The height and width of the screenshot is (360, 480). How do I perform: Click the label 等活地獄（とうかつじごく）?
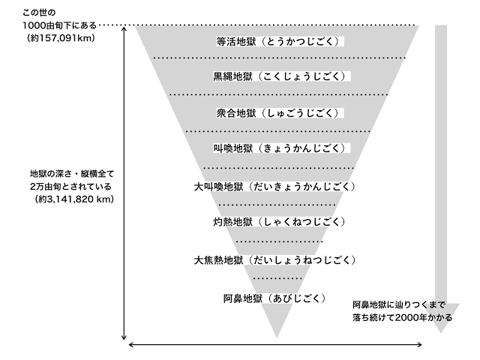click(x=278, y=41)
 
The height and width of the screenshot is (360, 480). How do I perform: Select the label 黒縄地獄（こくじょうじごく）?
click(x=279, y=76)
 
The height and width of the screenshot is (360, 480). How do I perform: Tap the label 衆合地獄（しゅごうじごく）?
click(x=278, y=113)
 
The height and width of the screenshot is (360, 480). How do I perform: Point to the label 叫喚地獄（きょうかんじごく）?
click(x=279, y=148)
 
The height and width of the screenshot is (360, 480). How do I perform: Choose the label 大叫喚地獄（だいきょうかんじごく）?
click(x=274, y=187)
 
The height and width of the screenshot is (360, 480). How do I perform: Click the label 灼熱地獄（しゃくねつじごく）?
click(x=279, y=222)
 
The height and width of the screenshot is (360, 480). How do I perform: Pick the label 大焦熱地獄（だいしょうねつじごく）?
click(x=274, y=260)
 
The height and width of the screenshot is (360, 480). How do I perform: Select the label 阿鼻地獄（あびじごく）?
click(x=274, y=298)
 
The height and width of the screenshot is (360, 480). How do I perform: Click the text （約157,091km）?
click(x=61, y=38)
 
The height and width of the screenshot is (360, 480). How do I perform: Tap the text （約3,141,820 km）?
click(x=74, y=199)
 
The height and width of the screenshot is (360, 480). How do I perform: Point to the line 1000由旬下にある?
click(x=60, y=25)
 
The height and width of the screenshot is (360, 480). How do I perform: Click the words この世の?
click(x=39, y=13)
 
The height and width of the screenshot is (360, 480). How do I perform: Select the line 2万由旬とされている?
click(x=70, y=187)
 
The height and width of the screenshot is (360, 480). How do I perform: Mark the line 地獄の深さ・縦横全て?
click(x=72, y=174)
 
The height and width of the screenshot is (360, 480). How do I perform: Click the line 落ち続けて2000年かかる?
click(x=402, y=317)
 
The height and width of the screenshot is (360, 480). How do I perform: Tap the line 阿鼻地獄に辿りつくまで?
click(x=399, y=305)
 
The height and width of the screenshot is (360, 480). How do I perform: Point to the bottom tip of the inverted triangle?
click(x=277, y=337)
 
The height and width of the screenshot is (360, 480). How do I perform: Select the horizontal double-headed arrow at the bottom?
click(x=275, y=345)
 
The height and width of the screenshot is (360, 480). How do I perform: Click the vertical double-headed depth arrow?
click(x=124, y=183)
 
